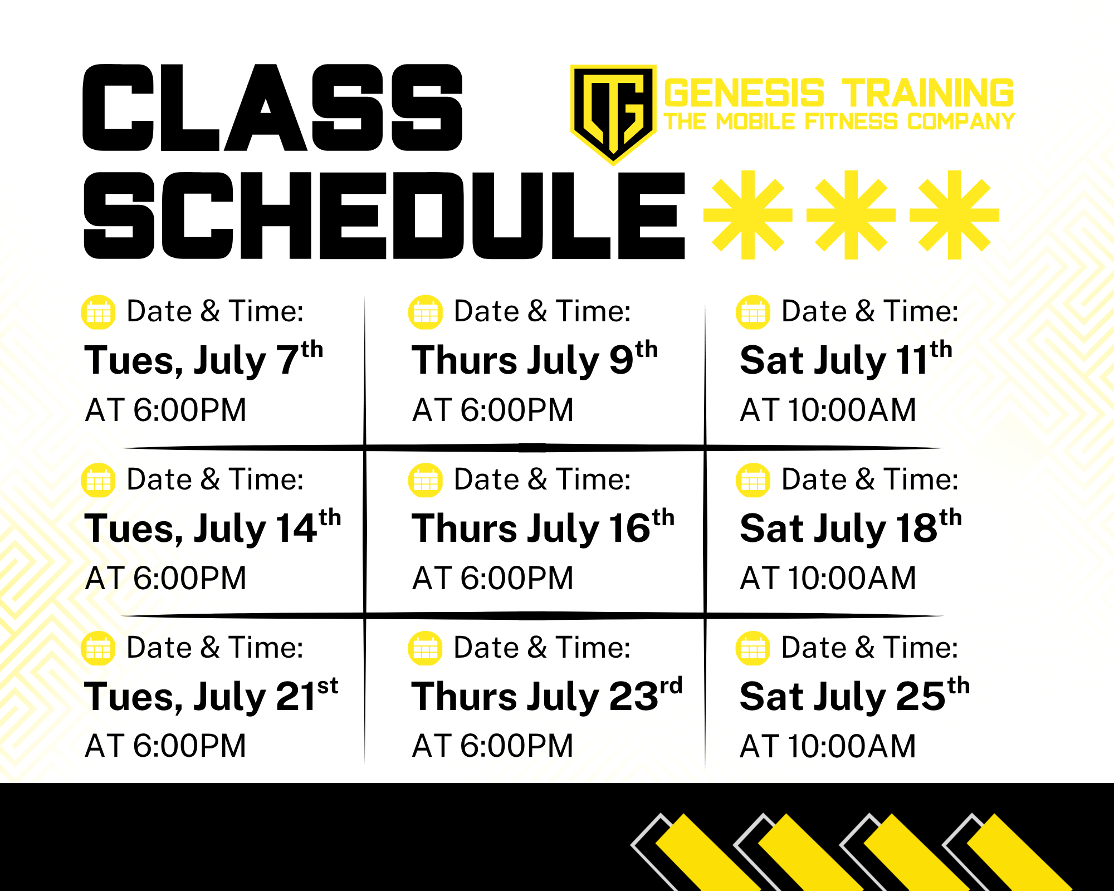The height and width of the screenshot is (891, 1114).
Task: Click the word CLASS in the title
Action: (273, 107)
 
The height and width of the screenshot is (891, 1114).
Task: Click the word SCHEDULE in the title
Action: (384, 216)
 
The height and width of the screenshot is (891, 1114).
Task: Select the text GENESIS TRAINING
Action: (839, 92)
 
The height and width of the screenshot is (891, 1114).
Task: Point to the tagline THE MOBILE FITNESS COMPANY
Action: (839, 121)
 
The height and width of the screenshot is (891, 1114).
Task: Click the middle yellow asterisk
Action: (851, 215)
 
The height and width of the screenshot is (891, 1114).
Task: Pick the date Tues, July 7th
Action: (204, 359)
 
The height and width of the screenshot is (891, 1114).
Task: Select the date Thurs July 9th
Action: (535, 359)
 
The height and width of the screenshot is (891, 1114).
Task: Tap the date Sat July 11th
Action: (846, 359)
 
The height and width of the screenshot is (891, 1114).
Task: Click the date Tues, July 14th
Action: (213, 527)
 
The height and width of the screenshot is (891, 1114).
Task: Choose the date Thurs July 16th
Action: (543, 527)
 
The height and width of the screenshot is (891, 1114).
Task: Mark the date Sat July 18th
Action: (851, 527)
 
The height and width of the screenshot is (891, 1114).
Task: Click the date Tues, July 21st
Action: (211, 696)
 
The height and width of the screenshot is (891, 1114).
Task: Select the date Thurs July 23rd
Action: (547, 696)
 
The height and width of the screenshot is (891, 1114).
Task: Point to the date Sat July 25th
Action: (855, 696)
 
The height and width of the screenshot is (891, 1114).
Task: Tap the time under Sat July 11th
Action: (828, 410)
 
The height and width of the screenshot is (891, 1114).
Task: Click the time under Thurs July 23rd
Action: (492, 746)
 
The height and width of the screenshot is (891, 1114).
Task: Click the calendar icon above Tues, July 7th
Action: (99, 312)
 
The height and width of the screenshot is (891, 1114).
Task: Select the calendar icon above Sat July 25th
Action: (753, 648)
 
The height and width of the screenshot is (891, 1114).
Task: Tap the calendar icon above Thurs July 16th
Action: (426, 480)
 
